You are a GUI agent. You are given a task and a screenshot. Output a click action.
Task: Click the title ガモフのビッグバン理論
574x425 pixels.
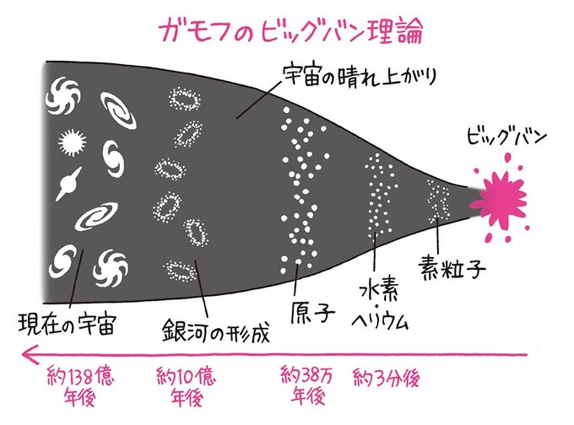pyautogui.click(x=291, y=30)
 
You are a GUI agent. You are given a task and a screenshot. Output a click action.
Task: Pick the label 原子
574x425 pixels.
pyautogui.click(x=312, y=312)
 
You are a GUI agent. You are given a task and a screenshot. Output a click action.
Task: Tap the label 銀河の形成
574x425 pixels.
pyautogui.click(x=216, y=331)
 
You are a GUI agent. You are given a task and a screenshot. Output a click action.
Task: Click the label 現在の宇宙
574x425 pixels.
pyautogui.click(x=67, y=323)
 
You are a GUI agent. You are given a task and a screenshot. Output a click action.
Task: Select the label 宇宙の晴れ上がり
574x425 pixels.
pyautogui.click(x=360, y=77)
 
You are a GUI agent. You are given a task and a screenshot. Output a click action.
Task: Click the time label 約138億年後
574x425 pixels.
pyautogui.click(x=80, y=386)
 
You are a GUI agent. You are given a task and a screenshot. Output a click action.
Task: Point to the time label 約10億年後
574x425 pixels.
pyautogui.click(x=186, y=386)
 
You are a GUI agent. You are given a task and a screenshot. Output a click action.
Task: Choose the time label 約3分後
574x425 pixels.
pyautogui.click(x=386, y=378)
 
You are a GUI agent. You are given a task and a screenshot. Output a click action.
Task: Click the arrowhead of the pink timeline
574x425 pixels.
pyautogui.click(x=30, y=355)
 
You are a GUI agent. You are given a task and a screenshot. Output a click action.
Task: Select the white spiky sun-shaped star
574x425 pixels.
pyautogui.click(x=72, y=143)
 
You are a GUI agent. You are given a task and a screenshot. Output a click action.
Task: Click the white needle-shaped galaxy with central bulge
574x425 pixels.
pyautogui.click(x=68, y=184)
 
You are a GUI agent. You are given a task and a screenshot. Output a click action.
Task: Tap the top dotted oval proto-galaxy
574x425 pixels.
pyautogui.click(x=185, y=99)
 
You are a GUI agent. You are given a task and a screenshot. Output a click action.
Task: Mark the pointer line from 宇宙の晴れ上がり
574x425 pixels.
pyautogui.click(x=259, y=99)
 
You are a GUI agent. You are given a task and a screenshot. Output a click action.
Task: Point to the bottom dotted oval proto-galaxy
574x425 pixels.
pyautogui.click(x=179, y=271)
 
